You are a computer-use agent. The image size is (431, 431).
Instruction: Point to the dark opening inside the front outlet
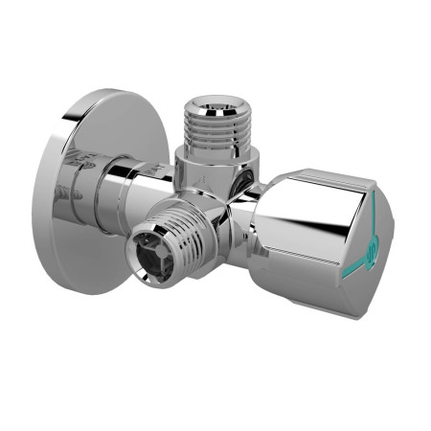point(150,253)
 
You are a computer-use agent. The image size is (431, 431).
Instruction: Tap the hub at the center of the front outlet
point(150,253)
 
